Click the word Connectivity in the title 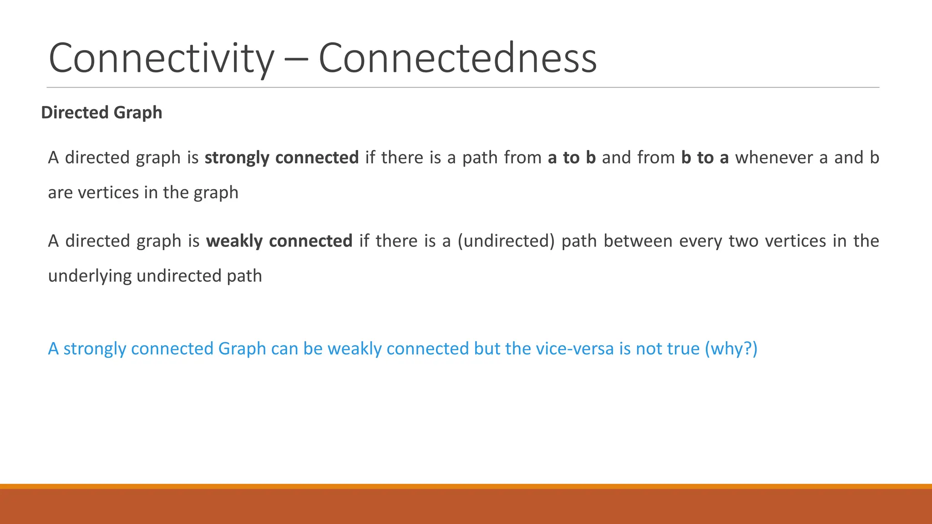point(161,58)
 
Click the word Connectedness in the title point(457,58)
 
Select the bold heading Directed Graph point(101,112)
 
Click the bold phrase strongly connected point(282,157)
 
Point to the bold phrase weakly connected point(279,241)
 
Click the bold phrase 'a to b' point(572,157)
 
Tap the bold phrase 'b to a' point(705,157)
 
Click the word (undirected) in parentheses point(506,241)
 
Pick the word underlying point(89,276)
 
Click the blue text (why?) point(731,348)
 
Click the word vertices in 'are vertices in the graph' point(108,192)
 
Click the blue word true point(683,348)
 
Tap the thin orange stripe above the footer point(466,486)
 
